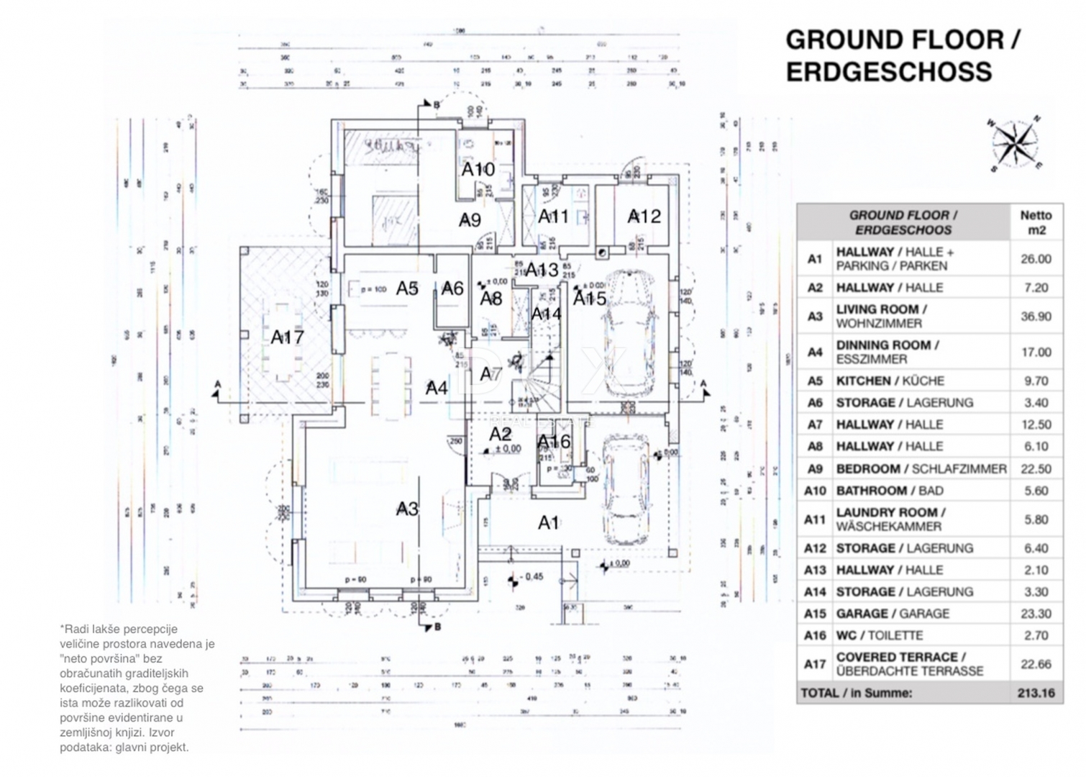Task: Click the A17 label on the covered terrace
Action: pyautogui.click(x=287, y=337)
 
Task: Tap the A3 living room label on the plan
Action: pyautogui.click(x=407, y=509)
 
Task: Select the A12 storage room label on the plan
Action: pyautogui.click(x=644, y=216)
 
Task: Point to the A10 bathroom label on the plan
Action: pyautogui.click(x=478, y=169)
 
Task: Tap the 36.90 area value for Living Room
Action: pyautogui.click(x=1036, y=316)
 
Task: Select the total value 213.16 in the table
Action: pyautogui.click(x=1036, y=694)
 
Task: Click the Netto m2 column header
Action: pyautogui.click(x=1036, y=222)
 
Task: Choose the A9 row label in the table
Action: pyautogui.click(x=814, y=468)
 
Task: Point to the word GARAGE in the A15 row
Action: pyautogui.click(x=862, y=614)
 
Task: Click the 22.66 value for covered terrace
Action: pyautogui.click(x=1036, y=663)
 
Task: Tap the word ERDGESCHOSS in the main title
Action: pyautogui.click(x=889, y=72)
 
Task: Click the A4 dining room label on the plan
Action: pyautogui.click(x=437, y=388)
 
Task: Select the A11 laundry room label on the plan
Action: pyautogui.click(x=553, y=216)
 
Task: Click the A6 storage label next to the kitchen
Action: pyautogui.click(x=452, y=288)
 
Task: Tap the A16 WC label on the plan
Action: pyautogui.click(x=554, y=442)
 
